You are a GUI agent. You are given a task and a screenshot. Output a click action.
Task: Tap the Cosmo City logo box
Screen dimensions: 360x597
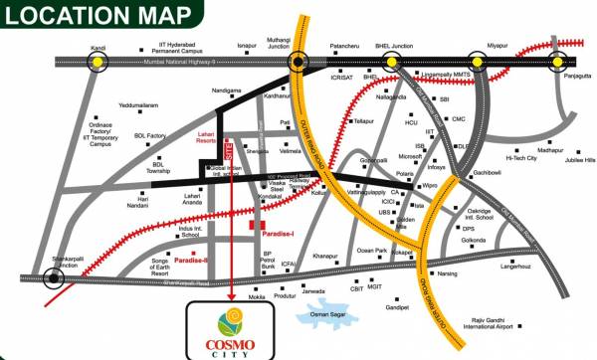pos(230,328)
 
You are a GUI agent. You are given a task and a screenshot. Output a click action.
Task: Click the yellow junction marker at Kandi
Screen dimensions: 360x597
pos(97,62)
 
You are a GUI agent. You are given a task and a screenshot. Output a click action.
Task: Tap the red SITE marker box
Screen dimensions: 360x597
pos(229,151)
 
